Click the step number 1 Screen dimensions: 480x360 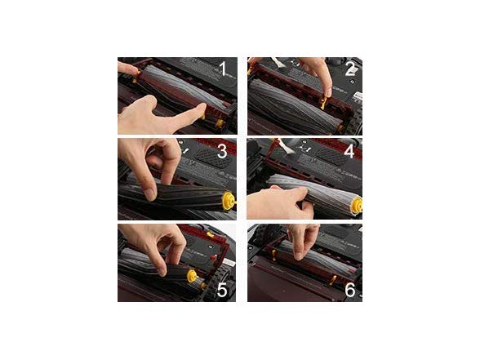tap(223, 69)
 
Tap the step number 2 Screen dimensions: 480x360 tap(350, 69)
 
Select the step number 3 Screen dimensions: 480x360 tap(222, 152)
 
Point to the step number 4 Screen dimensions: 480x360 tap(349, 151)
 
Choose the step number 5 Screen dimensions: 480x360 tap(222, 290)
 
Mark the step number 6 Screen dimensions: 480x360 tap(350, 290)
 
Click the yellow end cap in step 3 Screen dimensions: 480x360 tap(229, 201)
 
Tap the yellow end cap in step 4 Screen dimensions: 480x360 tap(357, 206)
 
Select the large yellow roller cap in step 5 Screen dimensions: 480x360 tap(192, 276)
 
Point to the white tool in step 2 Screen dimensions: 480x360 tap(278, 62)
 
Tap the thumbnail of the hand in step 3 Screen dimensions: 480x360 tap(150, 194)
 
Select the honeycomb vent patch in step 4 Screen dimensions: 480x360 tap(333, 156)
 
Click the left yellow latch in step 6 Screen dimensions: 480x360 tap(274, 256)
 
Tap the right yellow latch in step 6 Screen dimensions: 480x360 tap(332, 280)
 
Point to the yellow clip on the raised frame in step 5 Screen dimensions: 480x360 tap(210, 235)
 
